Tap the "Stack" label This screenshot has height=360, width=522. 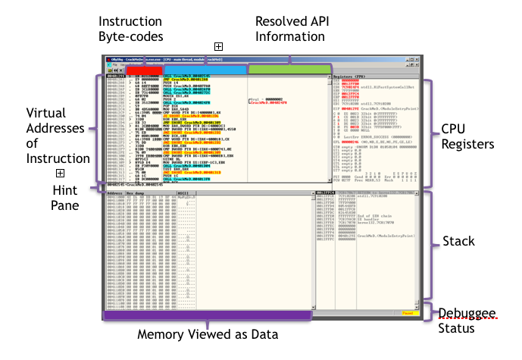pos(458,242)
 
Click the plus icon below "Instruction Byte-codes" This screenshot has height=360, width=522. pos(219,47)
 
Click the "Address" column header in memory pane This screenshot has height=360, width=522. pos(115,194)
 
